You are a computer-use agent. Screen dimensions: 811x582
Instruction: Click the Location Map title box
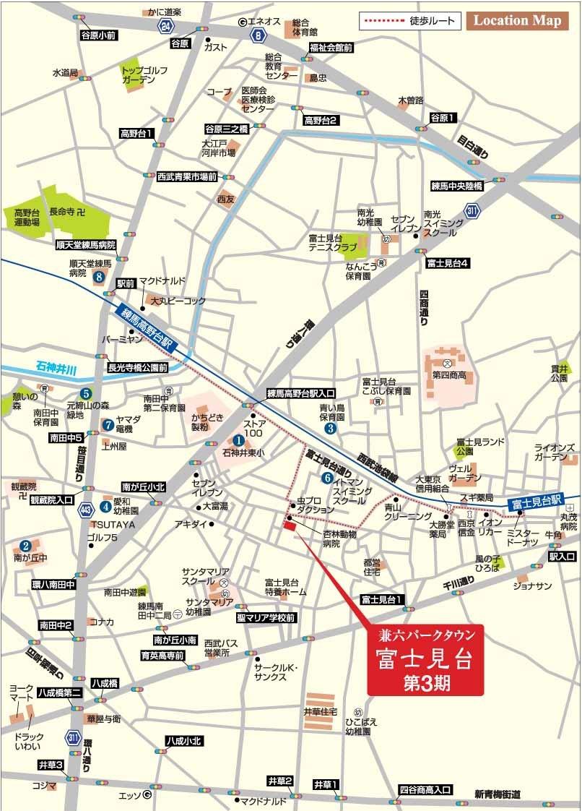pos(516,20)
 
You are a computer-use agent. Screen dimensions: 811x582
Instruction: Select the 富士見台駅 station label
pos(535,500)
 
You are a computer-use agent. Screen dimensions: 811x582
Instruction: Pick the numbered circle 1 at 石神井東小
pos(238,439)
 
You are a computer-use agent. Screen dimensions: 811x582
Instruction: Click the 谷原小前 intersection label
pos(99,35)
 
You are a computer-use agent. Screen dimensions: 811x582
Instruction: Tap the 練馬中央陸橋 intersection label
pos(456,186)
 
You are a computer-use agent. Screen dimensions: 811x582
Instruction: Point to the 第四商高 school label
pos(448,375)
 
